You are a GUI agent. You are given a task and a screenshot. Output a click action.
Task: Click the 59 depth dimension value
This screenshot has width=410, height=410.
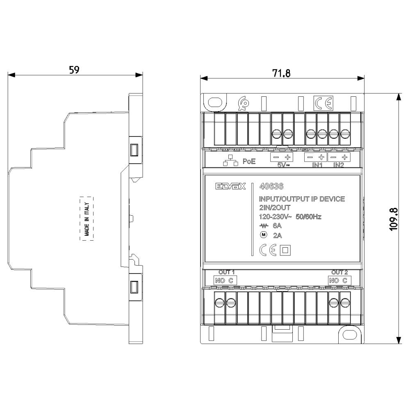click(x=74, y=70)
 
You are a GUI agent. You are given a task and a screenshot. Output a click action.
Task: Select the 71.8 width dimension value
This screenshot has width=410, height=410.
click(x=281, y=73)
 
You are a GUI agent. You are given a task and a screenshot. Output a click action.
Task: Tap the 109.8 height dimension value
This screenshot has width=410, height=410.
click(x=394, y=219)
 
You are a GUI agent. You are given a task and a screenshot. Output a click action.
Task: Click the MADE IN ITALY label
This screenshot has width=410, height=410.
click(x=87, y=219)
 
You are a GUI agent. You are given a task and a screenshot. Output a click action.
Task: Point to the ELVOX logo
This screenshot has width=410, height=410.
click(x=230, y=186)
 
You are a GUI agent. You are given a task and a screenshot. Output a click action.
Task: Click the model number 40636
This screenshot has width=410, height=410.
click(x=271, y=186)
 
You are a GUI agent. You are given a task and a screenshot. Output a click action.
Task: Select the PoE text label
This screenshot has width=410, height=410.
click(x=249, y=161)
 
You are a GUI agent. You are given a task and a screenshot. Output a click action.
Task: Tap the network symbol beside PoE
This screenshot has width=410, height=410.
click(x=230, y=160)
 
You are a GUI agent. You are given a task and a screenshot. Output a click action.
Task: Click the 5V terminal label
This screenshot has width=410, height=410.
click(x=283, y=165)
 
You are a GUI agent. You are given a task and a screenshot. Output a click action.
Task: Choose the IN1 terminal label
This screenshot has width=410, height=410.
click(x=317, y=165)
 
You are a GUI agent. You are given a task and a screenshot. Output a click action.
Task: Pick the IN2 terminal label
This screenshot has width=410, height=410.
click(x=339, y=165)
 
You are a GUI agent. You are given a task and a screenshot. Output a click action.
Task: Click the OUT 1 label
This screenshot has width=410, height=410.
click(x=226, y=272)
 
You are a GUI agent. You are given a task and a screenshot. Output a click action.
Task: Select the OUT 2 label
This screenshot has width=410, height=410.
click(x=339, y=272)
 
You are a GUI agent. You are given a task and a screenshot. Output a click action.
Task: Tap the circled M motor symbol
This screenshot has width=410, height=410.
click(x=263, y=235)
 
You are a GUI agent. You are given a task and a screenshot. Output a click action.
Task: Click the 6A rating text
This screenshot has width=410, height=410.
click(x=277, y=225)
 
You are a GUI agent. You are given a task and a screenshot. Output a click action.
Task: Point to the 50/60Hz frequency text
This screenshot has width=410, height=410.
click(x=309, y=216)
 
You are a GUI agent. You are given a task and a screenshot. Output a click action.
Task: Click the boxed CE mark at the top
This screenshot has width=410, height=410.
click(x=323, y=103)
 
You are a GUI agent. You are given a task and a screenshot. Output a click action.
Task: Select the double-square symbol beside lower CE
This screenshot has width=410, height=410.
click(x=285, y=250)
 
